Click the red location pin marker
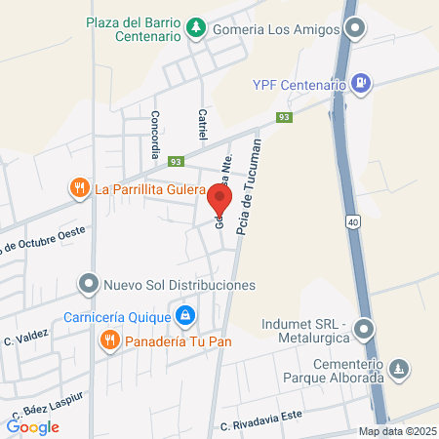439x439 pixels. pyautogui.click(x=219, y=200)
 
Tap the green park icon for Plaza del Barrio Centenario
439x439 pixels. pyautogui.click(x=196, y=25)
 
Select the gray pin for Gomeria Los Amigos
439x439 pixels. pyautogui.click(x=356, y=28)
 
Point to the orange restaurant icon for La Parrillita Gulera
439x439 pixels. pyautogui.click(x=79, y=188)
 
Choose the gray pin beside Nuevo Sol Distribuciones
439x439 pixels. pyautogui.click(x=89, y=285)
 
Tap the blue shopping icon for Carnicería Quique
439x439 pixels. pyautogui.click(x=184, y=315)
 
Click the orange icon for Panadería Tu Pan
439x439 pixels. pyautogui.click(x=108, y=339)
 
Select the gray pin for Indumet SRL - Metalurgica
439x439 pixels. pyautogui.click(x=363, y=330)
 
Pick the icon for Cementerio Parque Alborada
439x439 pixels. pyautogui.click(x=398, y=369)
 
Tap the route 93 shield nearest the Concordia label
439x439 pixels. pyautogui.click(x=176, y=162)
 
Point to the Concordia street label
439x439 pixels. pyautogui.click(x=154, y=134)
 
